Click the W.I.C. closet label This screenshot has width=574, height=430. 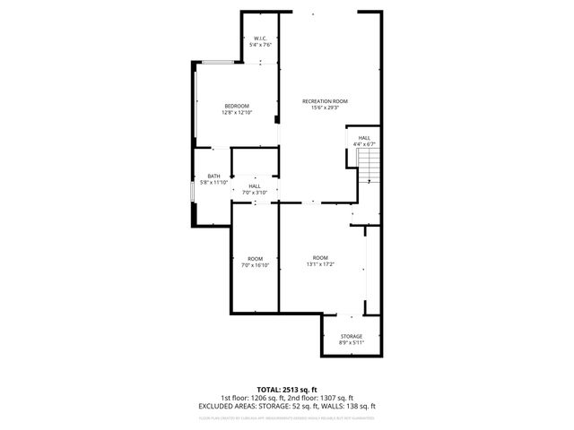260,38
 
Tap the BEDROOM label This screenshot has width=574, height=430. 237,106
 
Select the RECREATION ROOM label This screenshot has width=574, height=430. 325,101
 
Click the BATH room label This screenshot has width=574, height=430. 213,176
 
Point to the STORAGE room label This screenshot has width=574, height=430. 351,336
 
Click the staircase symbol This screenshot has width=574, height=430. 368,164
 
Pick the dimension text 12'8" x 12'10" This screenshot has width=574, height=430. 238,113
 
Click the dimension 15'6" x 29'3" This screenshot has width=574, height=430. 325,108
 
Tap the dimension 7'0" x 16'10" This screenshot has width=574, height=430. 256,265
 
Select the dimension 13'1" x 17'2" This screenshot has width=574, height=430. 320,264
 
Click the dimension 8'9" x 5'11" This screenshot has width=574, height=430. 351,343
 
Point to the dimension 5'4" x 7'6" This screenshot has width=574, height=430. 260,45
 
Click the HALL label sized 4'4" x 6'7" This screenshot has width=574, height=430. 364,137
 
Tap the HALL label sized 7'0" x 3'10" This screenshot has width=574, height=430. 255,185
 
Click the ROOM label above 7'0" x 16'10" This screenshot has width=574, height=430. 256,258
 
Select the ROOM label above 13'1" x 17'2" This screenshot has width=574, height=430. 320,257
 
